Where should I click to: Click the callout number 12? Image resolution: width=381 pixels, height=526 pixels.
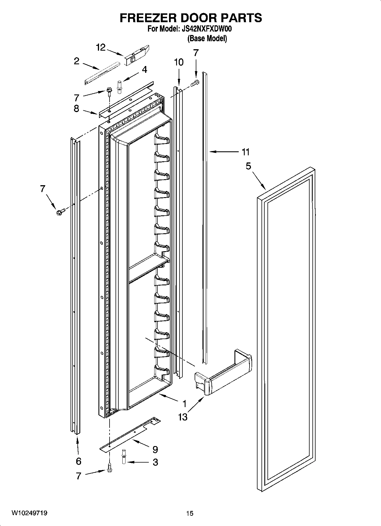point(101,48)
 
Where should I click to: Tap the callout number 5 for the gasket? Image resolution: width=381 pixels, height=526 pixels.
point(248,166)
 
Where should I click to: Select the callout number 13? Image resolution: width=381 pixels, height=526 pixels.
point(183,417)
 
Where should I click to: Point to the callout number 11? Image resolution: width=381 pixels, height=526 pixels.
point(246,152)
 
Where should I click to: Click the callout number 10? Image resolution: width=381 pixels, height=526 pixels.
point(179,62)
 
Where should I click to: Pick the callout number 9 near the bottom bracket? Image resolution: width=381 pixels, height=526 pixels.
point(155,449)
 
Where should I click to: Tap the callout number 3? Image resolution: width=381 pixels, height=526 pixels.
point(155,462)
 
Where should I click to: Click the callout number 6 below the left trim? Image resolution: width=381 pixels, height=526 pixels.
point(79,461)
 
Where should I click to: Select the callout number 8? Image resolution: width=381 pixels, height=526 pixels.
point(76,108)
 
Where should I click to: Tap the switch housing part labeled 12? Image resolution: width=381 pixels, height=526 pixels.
point(137,55)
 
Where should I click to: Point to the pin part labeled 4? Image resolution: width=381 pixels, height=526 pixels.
point(120,86)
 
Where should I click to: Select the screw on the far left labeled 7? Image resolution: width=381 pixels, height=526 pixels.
point(61,211)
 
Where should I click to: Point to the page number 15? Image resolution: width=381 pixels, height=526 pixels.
point(190,513)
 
